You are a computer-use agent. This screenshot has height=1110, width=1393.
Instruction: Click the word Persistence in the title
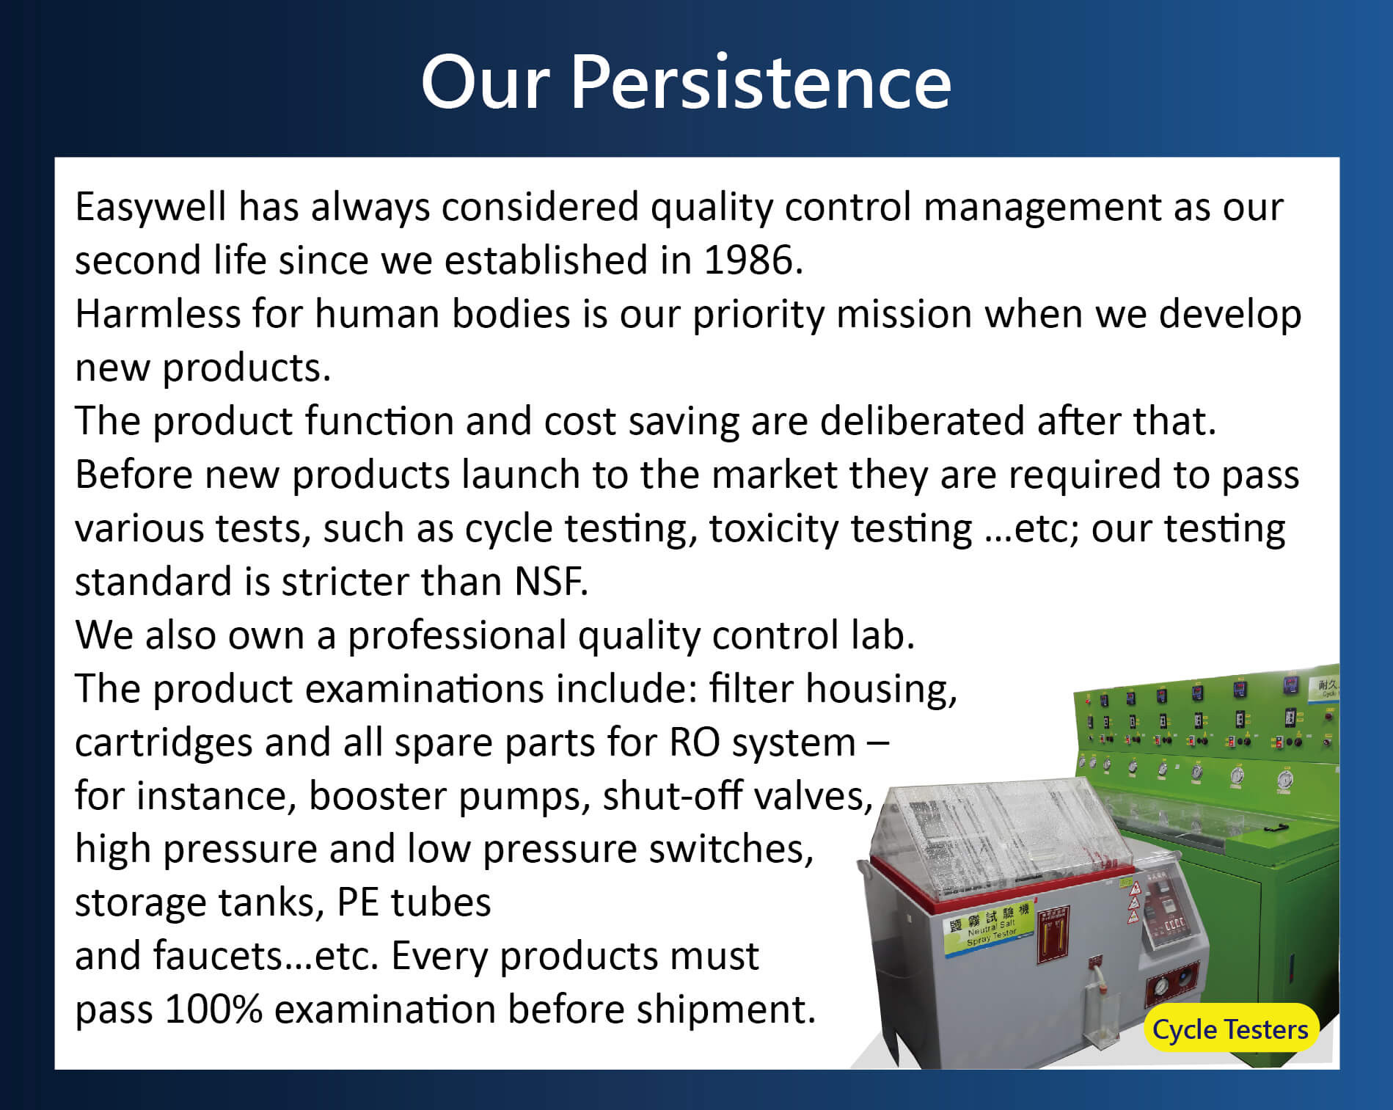tap(760, 82)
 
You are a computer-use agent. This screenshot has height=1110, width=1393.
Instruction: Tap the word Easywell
tap(150, 208)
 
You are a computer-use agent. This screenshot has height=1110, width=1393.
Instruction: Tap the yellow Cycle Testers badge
tap(1230, 1029)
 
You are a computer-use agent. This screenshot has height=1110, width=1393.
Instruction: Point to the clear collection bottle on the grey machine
tap(1102, 1005)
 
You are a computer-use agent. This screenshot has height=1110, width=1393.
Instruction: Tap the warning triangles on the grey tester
tap(1133, 903)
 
